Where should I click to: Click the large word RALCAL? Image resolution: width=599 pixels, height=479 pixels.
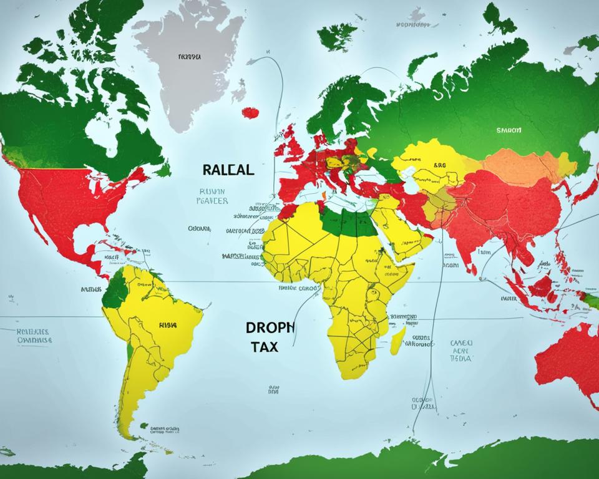click(228, 170)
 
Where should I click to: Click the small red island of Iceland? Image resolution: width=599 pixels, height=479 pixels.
click(250, 113)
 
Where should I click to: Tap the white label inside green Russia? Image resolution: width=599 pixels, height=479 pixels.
click(509, 131)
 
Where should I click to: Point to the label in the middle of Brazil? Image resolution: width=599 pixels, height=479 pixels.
click(167, 324)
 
